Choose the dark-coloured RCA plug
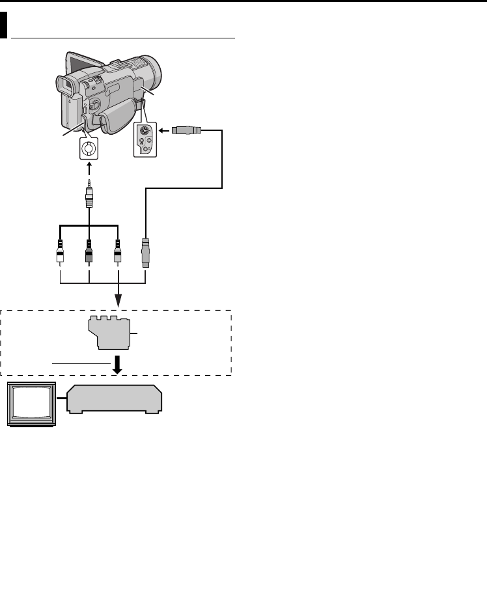[x=89, y=250]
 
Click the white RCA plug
[x=59, y=250]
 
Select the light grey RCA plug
[x=117, y=250]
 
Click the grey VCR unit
[x=115, y=399]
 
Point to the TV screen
[x=31, y=405]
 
